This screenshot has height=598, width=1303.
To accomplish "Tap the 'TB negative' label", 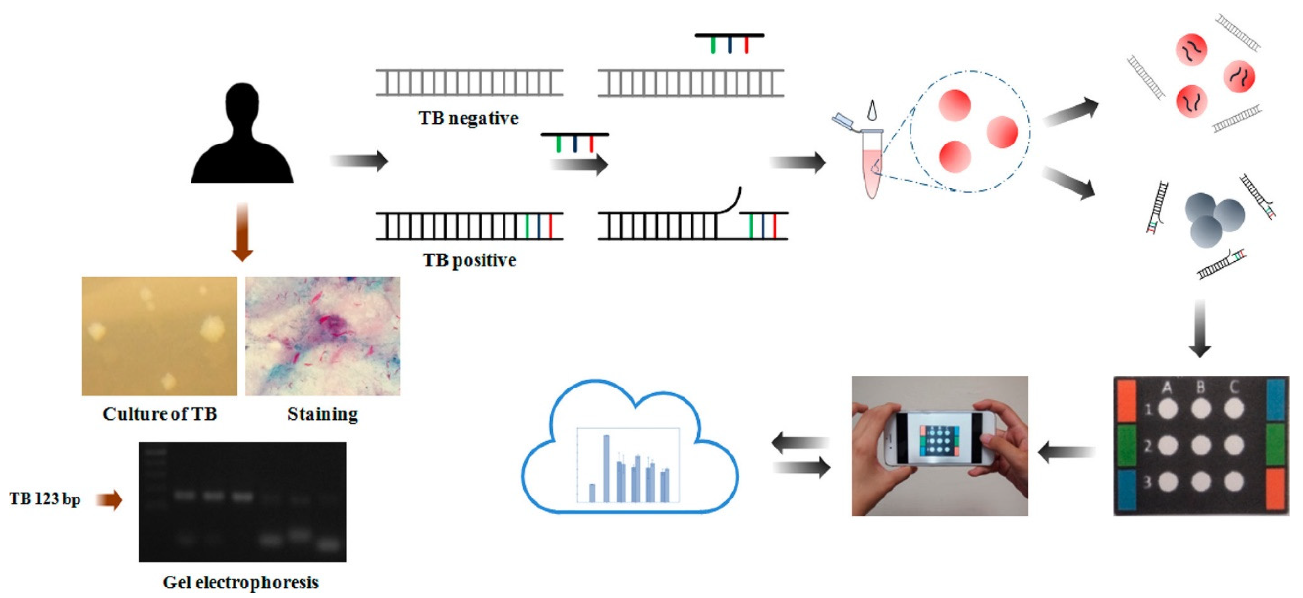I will (x=468, y=118).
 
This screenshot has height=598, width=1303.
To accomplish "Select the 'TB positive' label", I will (x=469, y=260).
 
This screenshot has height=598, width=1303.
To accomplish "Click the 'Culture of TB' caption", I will (x=160, y=414).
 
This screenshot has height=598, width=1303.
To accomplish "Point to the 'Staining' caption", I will (x=323, y=414).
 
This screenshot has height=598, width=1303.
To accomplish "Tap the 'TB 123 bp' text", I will (x=45, y=499).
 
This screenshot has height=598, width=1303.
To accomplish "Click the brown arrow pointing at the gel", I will (x=109, y=500).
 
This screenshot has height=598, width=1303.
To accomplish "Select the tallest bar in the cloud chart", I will (x=606, y=468).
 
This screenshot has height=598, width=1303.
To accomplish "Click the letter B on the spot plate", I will (x=1200, y=388).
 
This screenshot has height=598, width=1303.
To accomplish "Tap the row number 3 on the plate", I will (x=1147, y=482).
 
